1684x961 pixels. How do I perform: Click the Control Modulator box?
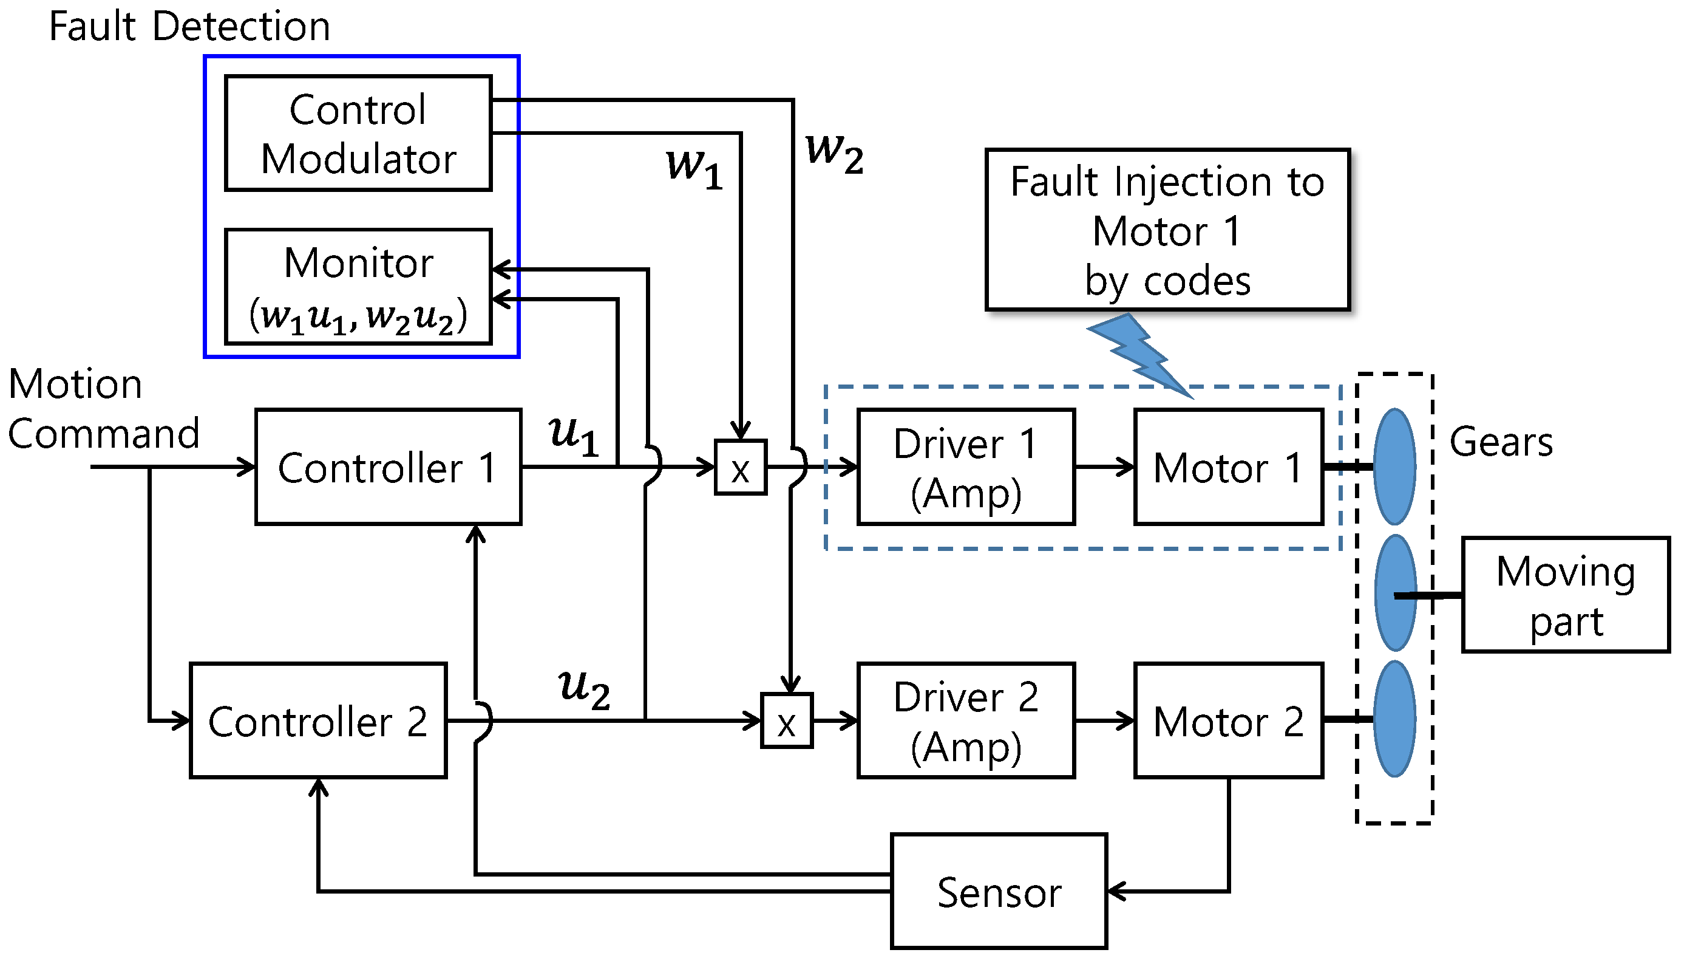358,133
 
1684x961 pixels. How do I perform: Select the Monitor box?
358,287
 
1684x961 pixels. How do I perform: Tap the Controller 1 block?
388,467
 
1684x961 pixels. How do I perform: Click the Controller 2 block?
318,720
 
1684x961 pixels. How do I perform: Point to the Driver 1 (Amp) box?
966,467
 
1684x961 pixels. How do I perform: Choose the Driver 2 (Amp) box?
966,720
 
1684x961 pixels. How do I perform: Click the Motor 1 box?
1228,467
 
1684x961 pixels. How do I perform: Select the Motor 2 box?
1228,720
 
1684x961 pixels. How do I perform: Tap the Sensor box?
999,891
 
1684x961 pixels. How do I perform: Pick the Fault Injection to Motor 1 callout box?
1167,230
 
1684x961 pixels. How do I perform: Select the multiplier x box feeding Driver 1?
741,467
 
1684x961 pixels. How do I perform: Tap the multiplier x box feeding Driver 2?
786,720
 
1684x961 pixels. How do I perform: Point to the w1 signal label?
694,168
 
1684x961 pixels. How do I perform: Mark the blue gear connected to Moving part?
1394,592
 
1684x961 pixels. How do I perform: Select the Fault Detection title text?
189,26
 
